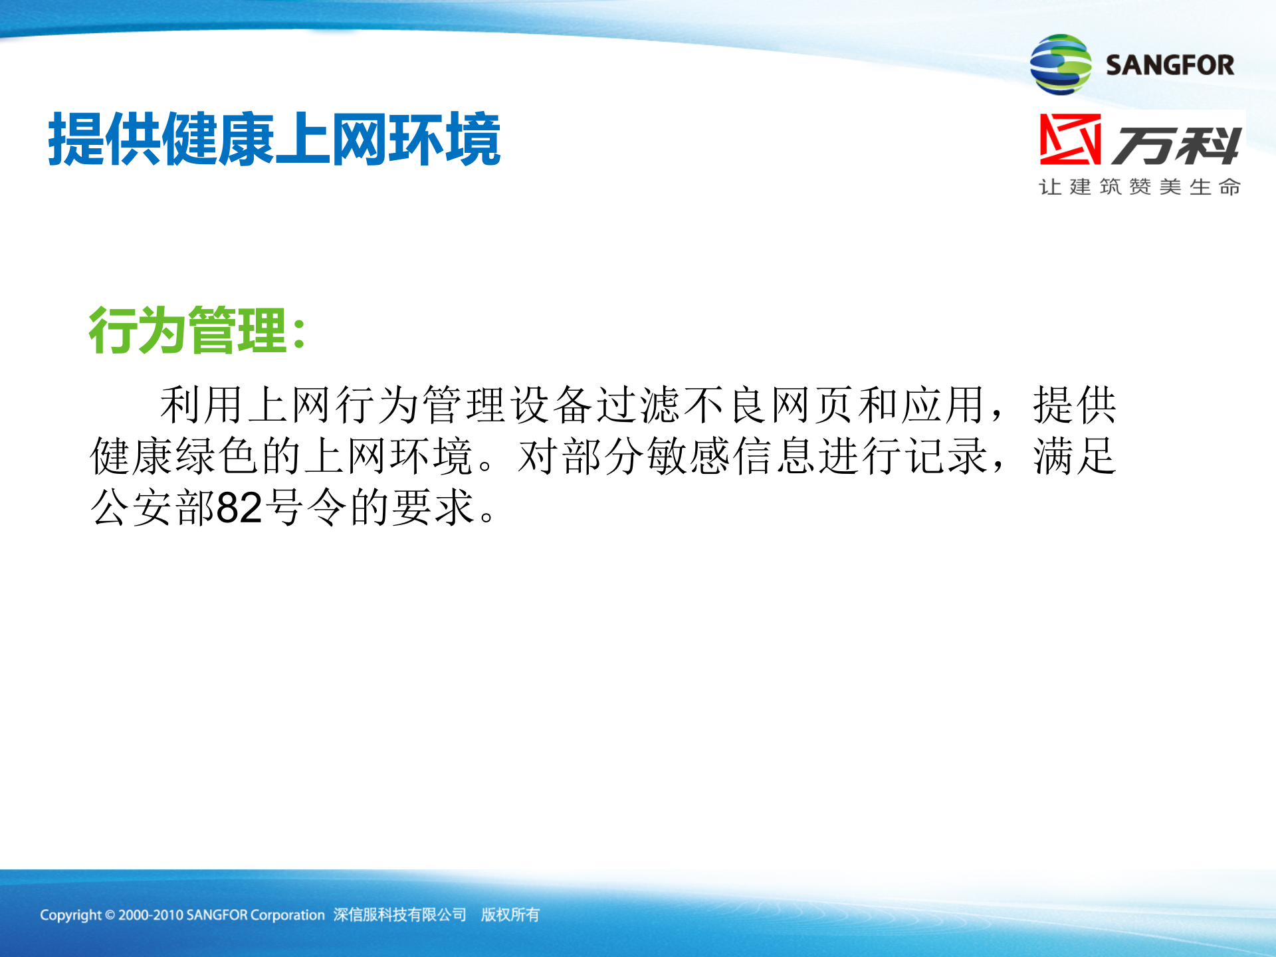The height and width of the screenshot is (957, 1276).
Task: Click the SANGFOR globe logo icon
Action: [1060, 64]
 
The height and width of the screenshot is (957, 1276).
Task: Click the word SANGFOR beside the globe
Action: [1170, 65]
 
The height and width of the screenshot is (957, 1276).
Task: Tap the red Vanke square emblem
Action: [1070, 139]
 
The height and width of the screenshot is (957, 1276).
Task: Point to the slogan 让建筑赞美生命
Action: [1140, 187]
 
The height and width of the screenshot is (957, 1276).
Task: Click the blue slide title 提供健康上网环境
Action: [274, 139]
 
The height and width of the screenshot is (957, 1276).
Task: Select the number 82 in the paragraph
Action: [239, 508]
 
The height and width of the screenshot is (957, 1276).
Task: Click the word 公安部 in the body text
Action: [153, 508]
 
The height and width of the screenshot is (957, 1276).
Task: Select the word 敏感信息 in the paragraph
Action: [731, 457]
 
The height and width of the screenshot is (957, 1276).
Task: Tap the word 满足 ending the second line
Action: [1074, 457]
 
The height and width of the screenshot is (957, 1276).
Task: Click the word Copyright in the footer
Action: [70, 915]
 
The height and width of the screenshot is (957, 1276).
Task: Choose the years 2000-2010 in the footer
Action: [150, 915]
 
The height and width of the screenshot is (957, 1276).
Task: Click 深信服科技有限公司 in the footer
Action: [400, 915]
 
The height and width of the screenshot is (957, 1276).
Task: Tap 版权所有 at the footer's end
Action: [510, 915]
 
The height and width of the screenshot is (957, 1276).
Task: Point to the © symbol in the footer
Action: [110, 915]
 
